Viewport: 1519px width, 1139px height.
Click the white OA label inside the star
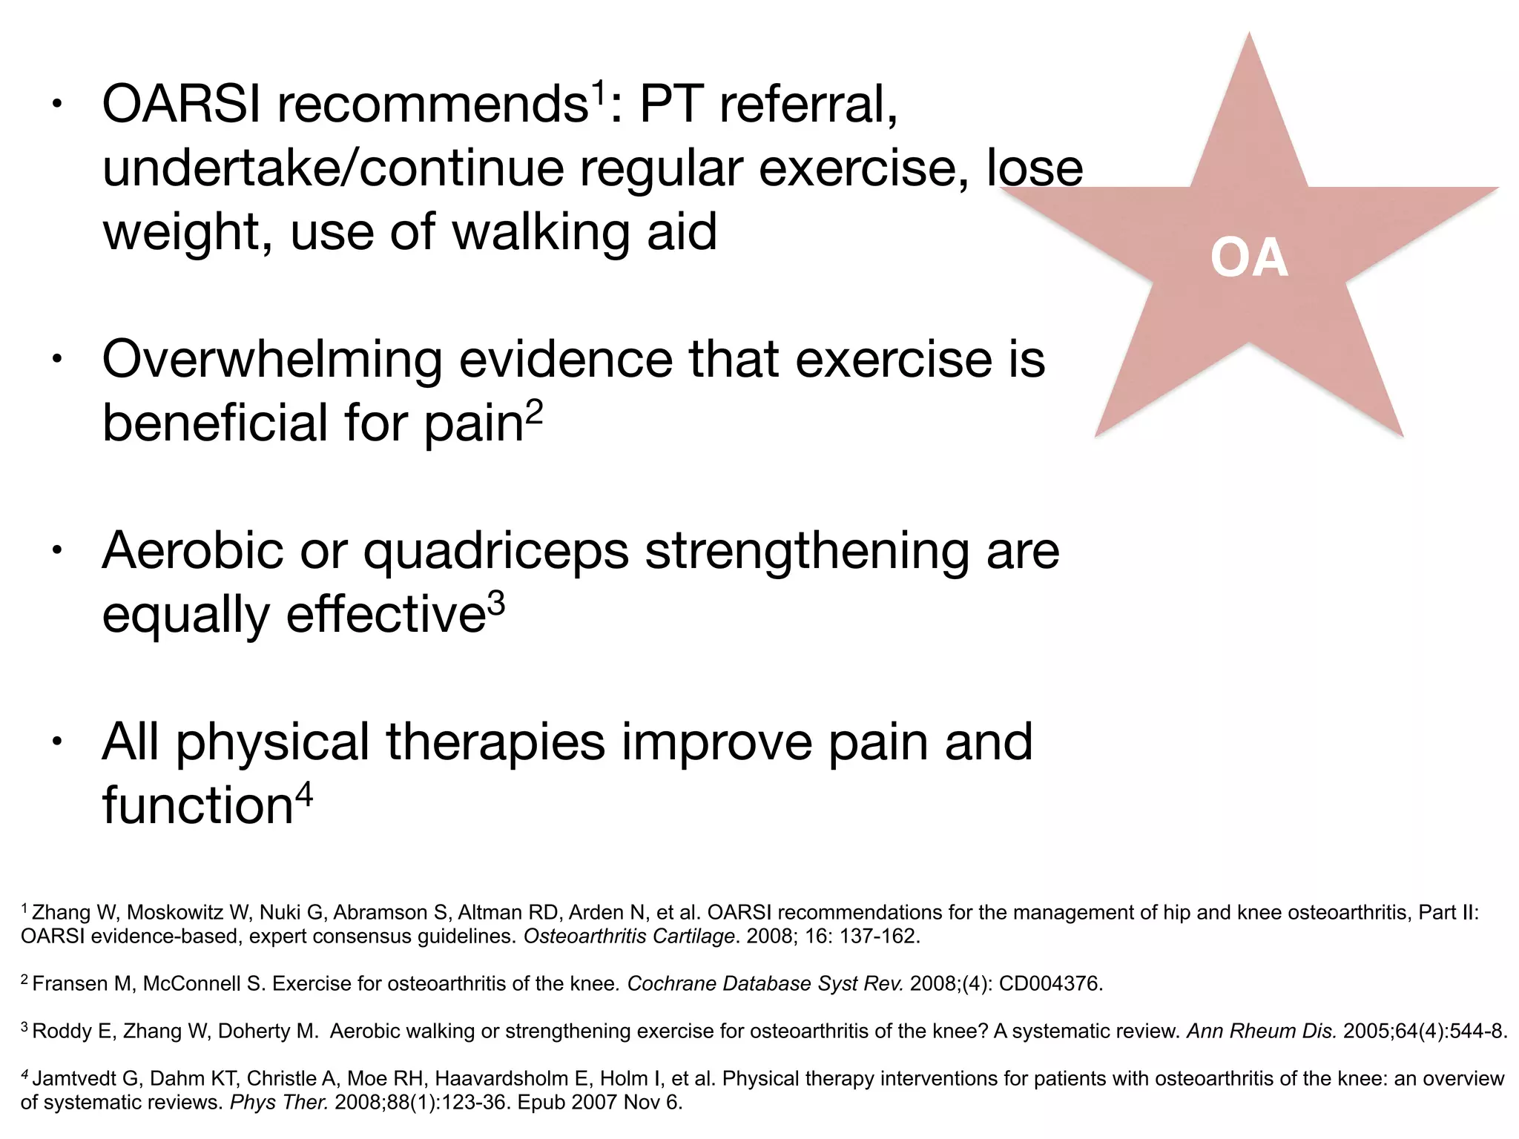[1249, 259]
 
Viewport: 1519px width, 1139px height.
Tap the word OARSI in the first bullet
[181, 105]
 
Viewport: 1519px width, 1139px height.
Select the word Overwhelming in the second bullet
[271, 360]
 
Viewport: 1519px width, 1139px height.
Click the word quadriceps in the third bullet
[496, 551]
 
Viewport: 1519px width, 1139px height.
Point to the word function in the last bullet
[197, 806]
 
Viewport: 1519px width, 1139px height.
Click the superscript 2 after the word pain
[534, 410]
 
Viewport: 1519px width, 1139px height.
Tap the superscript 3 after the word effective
[496, 602]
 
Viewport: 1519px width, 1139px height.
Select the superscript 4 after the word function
[304, 795]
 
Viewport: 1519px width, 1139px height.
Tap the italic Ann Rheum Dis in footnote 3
[1261, 1031]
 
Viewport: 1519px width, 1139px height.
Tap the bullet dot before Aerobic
[56, 551]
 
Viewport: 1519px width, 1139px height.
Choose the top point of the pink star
[1249, 36]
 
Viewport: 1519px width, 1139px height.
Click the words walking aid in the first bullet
[584, 232]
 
